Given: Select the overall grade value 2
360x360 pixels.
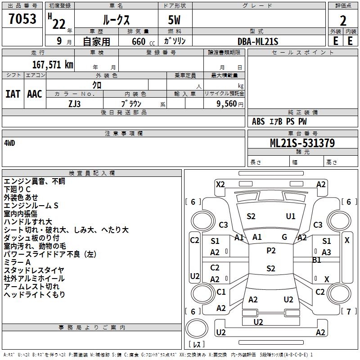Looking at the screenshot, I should [343, 21].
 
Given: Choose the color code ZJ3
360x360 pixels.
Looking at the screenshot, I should [75, 103].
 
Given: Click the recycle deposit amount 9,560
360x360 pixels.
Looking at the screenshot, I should [227, 103].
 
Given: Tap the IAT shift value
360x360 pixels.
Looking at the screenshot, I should [13, 94].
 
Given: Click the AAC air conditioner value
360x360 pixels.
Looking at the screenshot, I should [35, 94].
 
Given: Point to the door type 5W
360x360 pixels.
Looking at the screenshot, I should [175, 21].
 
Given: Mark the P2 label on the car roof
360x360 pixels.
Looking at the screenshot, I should [271, 251].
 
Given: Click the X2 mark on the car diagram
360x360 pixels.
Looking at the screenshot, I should [220, 184].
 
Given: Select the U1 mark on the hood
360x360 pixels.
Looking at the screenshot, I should [291, 216].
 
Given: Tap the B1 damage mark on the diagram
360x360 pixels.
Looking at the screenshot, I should [317, 260].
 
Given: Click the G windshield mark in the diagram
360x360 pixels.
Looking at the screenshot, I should [284, 237].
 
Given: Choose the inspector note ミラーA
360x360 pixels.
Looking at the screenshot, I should [18, 262].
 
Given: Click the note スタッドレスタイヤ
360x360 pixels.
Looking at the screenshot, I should [34, 270].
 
